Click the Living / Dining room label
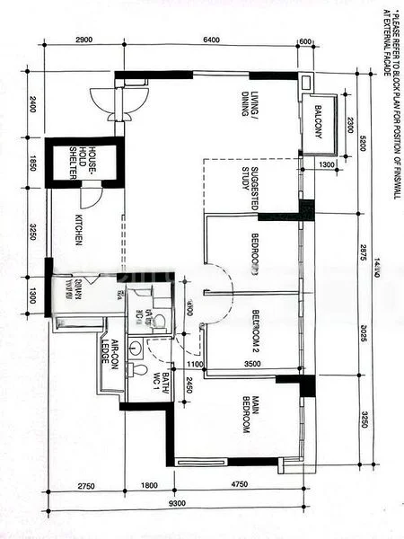tap(249, 105)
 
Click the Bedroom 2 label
tap(253, 330)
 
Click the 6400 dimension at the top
tap(212, 40)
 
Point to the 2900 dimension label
tap(84, 40)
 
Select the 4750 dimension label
tap(240, 485)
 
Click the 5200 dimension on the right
tap(363, 143)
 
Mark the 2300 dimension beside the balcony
tap(349, 125)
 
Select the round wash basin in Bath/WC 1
tap(135, 347)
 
